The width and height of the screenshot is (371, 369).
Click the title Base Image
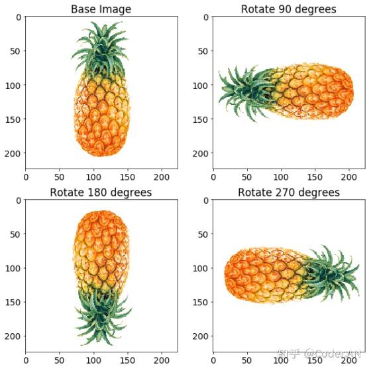pyautogui.click(x=101, y=9)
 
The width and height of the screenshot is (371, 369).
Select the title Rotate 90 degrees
pyautogui.click(x=288, y=9)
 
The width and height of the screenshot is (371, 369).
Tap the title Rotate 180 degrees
pyautogui.click(x=101, y=192)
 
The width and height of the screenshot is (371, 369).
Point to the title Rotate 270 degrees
pyautogui.click(x=288, y=192)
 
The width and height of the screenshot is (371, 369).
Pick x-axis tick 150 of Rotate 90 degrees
pyautogui.click(x=315, y=177)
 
